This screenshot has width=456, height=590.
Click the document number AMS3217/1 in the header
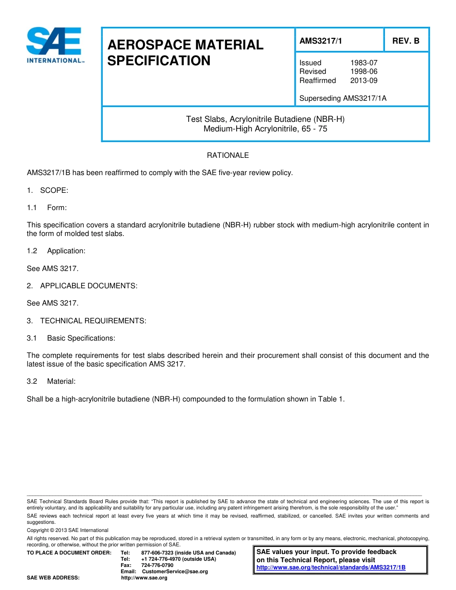[x=321, y=41]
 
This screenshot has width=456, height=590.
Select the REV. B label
[x=406, y=41]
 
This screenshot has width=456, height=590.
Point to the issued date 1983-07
[x=363, y=63]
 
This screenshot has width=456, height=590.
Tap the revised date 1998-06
[x=363, y=71]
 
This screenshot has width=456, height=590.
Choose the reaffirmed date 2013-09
[x=363, y=81]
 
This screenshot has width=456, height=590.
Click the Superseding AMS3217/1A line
[x=343, y=98]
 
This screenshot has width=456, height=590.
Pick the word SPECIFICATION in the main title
[x=159, y=61]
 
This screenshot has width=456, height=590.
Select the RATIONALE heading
[x=228, y=155]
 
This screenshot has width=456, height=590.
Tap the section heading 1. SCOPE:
[x=48, y=190]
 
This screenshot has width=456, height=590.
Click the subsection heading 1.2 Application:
[x=56, y=251]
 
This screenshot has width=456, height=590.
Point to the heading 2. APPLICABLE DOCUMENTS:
[x=82, y=286]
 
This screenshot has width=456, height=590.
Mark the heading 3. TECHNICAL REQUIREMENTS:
[x=86, y=321]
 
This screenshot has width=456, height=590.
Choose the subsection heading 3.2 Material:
[x=51, y=381]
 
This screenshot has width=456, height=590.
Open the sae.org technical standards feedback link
[x=331, y=567]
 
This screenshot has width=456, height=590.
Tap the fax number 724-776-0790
[x=157, y=565]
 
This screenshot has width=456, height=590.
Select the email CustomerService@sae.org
[x=175, y=571]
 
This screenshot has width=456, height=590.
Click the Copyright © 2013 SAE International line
[x=68, y=530]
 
